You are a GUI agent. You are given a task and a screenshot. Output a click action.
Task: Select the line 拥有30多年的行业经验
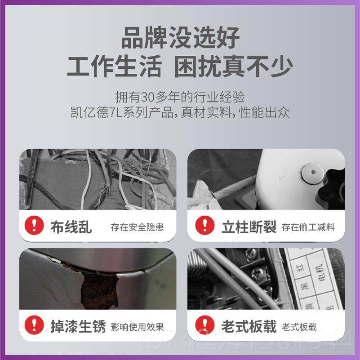(180, 97)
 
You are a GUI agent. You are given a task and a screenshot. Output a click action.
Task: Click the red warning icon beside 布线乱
(34, 226)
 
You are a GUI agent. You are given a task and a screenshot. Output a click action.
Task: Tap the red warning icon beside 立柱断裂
(204, 226)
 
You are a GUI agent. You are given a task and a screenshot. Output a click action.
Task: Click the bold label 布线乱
(71, 227)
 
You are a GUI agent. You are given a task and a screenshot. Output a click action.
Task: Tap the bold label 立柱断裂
(248, 227)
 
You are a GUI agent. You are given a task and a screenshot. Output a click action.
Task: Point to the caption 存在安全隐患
(137, 227)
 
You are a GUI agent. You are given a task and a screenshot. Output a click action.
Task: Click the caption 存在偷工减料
(308, 227)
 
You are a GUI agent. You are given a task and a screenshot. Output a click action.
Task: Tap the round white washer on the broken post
(312, 173)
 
